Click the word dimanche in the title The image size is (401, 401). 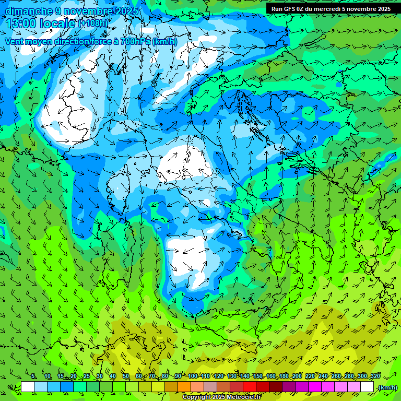coord(29,11)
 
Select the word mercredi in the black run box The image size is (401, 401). coord(329,9)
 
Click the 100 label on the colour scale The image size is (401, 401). coord(193,376)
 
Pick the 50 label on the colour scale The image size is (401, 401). coord(126,376)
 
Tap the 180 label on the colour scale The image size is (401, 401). coord(284,376)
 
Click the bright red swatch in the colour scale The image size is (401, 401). coord(250,387)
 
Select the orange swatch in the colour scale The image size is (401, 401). coord(184,387)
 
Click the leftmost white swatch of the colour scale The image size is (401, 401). coord(28,387)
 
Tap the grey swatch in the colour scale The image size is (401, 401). coord(210,387)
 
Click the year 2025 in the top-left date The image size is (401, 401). coord(127,11)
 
